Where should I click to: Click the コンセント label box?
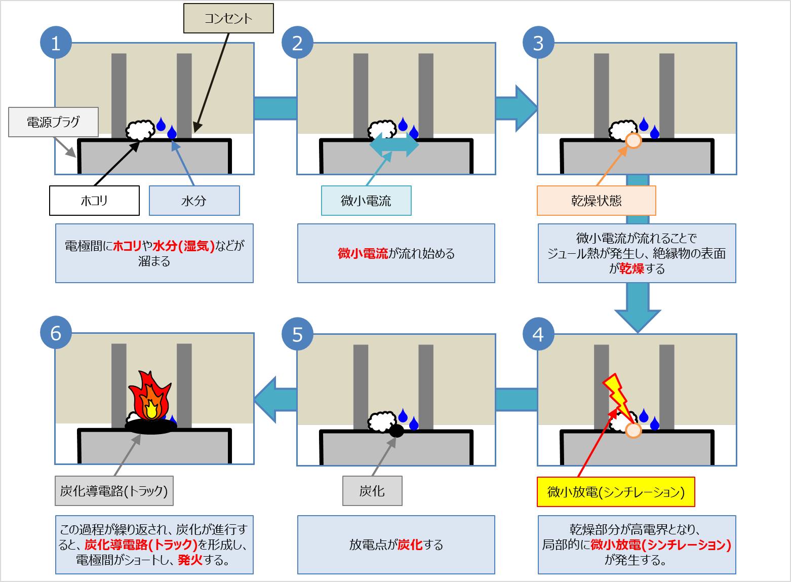click(x=228, y=19)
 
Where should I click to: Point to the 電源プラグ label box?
click(x=53, y=122)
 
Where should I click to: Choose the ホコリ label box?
click(x=94, y=201)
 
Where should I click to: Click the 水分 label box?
click(x=194, y=201)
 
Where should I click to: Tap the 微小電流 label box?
click(x=366, y=201)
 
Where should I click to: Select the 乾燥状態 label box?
click(x=596, y=201)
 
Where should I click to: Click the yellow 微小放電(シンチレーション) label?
click(x=616, y=492)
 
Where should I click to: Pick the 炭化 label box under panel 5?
click(x=372, y=491)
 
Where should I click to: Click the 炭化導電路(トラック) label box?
click(x=114, y=490)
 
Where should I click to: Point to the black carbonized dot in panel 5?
click(x=396, y=431)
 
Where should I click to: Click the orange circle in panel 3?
click(x=634, y=140)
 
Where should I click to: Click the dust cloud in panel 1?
click(x=140, y=130)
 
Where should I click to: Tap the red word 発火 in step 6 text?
click(x=190, y=560)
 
